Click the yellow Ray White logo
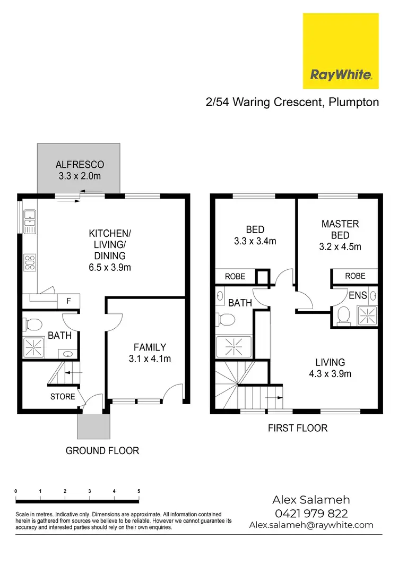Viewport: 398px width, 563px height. pos(340,51)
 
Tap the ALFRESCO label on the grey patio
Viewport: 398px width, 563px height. pos(80,165)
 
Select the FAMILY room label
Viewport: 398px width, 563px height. pos(150,347)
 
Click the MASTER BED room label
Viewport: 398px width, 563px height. pos(340,224)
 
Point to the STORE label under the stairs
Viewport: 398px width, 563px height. pos(63,396)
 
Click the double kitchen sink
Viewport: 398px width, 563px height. pos(30,221)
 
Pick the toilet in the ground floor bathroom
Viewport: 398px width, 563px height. pos(33,323)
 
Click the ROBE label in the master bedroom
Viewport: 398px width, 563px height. pos(355,276)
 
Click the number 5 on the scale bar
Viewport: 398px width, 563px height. pos(139,491)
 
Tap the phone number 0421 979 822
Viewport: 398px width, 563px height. pos(312,513)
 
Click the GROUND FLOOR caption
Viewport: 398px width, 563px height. pos(102,450)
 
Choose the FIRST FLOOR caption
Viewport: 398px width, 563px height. pos(298,428)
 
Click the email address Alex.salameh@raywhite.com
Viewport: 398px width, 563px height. pos(312,525)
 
